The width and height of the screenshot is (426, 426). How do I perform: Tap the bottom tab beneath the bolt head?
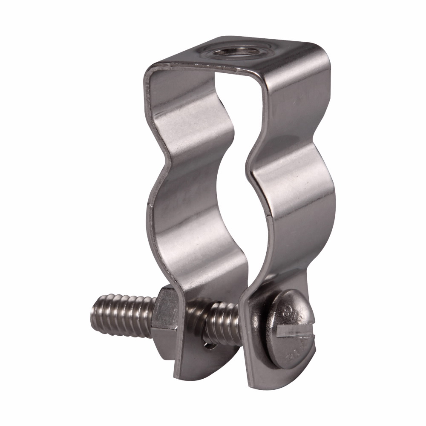273,375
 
